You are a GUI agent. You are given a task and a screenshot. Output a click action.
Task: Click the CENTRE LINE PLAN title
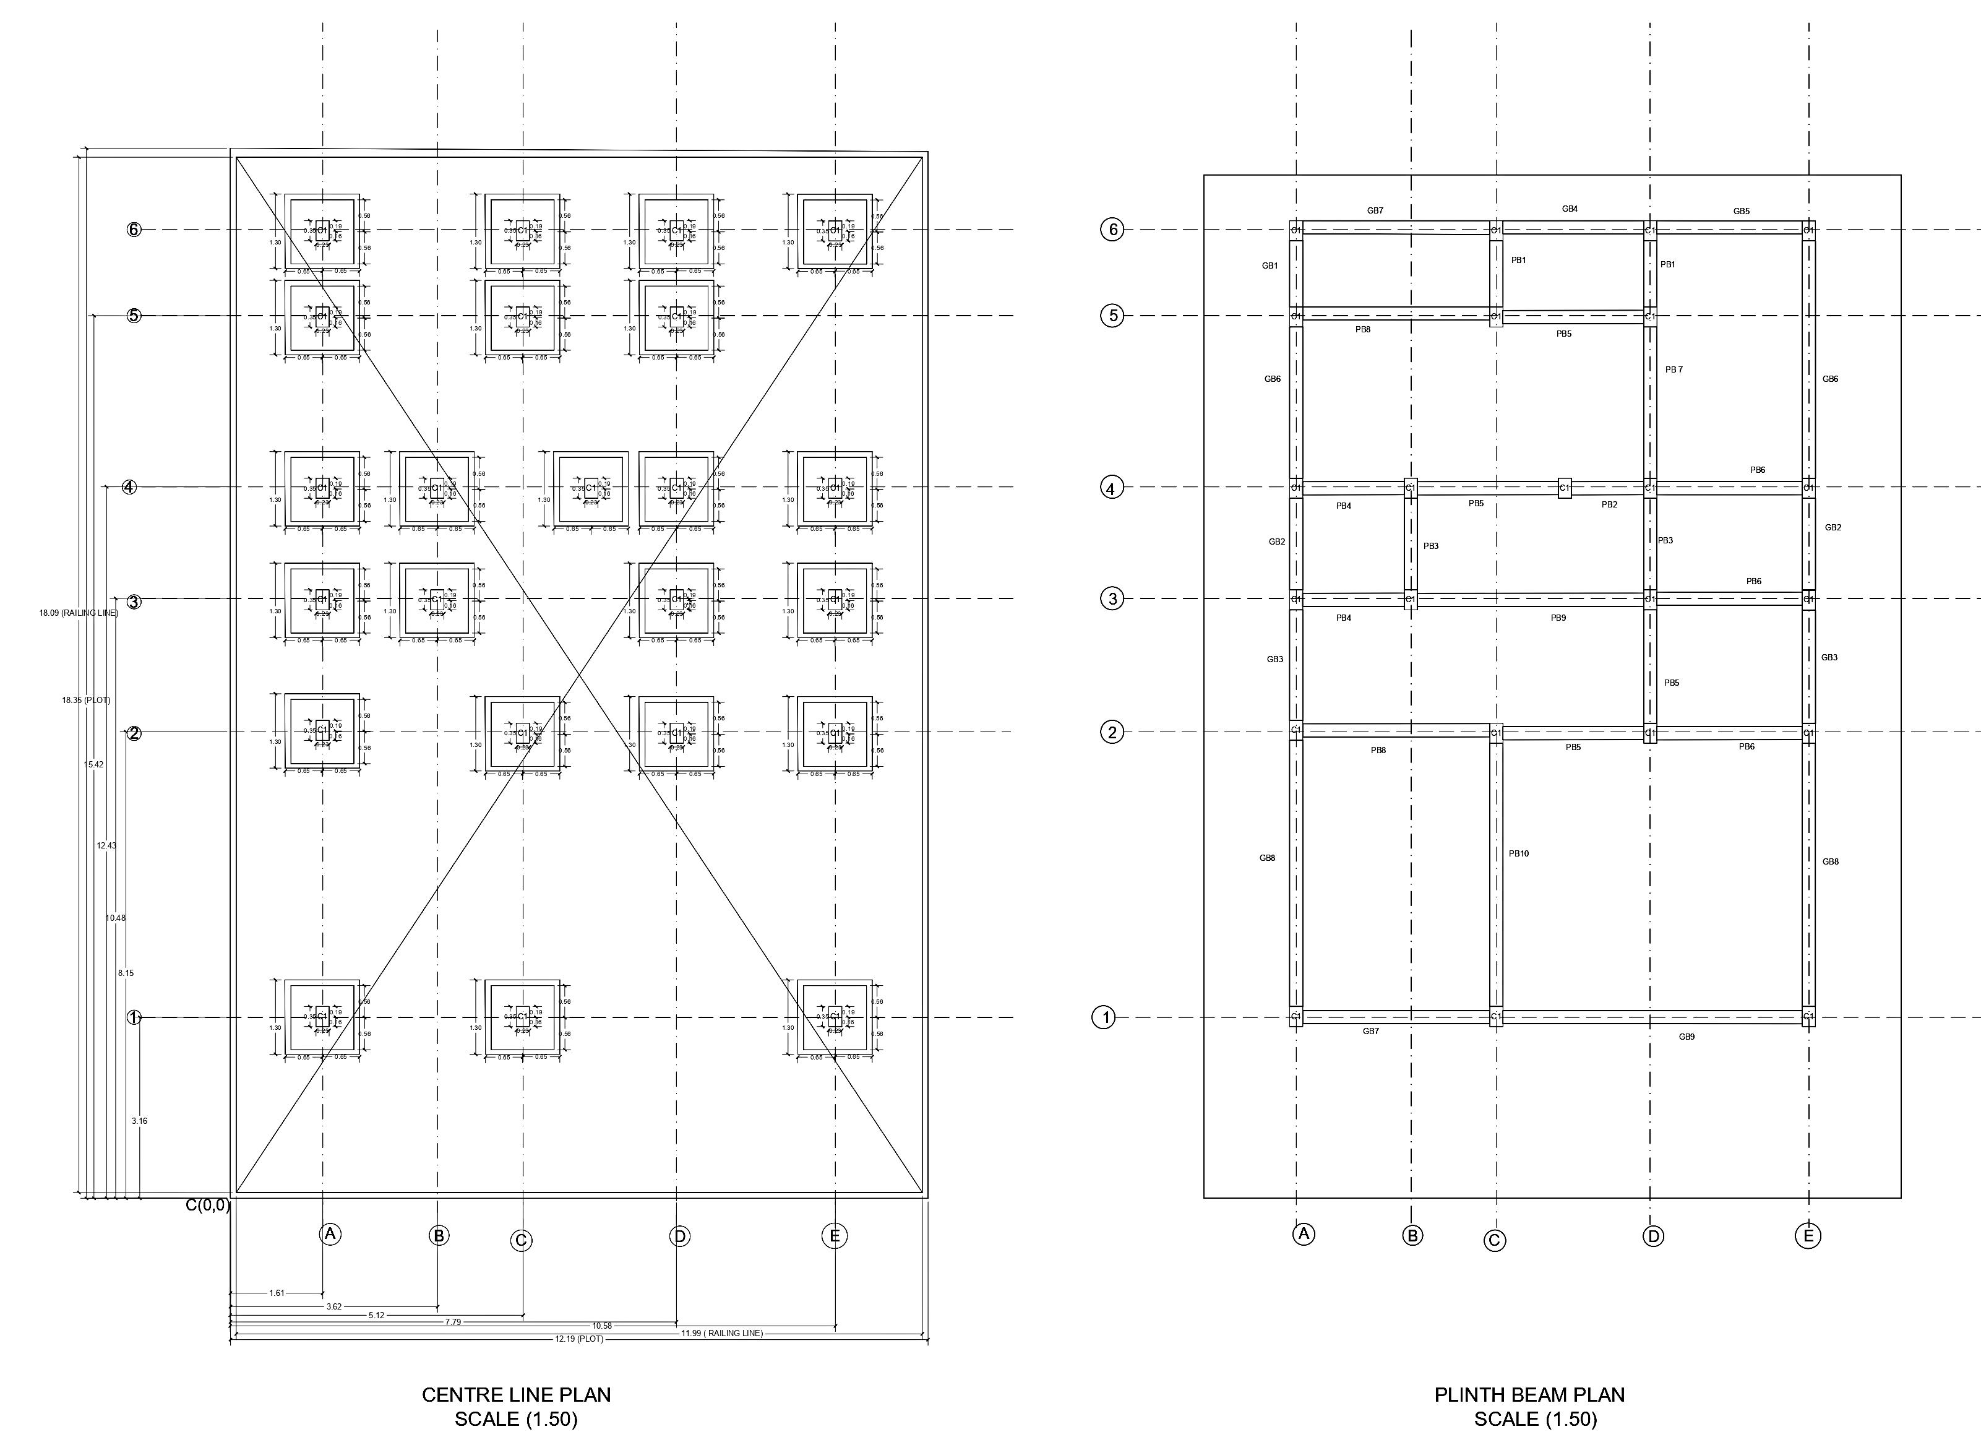coord(515,1395)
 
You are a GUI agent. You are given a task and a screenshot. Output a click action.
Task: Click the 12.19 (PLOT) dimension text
coord(579,1338)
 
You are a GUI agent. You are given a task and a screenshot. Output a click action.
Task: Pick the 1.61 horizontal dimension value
coord(277,1293)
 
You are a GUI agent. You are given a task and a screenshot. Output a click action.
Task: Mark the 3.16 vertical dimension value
coord(139,1121)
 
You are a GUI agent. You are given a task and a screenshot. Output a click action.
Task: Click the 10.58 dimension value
coord(602,1325)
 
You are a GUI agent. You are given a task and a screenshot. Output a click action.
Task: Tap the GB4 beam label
coord(1570,209)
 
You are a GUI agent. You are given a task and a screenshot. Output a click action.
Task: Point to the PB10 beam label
coord(1519,853)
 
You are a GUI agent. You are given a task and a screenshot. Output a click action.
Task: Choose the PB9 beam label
coord(1558,618)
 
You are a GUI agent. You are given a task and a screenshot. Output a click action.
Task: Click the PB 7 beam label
coord(1674,369)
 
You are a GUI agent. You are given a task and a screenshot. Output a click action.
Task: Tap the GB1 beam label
coord(1270,265)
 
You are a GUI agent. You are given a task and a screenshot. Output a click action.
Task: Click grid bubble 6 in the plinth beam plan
coord(1112,230)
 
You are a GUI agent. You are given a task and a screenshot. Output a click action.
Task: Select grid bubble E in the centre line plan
coord(834,1235)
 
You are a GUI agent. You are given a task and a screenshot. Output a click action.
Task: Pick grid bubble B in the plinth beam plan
coord(1412,1235)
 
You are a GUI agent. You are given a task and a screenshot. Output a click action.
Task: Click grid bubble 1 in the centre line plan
coord(134,1017)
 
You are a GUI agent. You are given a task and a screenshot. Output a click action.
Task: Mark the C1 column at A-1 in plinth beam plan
coord(1296,1017)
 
